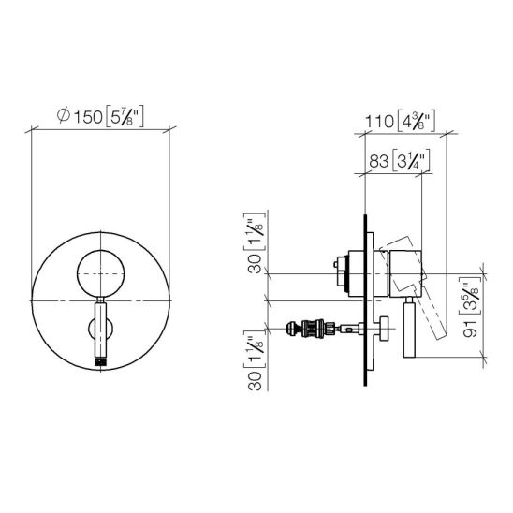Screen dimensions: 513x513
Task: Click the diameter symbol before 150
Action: tap(64, 115)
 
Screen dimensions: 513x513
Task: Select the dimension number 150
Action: tap(88, 117)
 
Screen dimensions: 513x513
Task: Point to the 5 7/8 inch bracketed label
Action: tap(125, 116)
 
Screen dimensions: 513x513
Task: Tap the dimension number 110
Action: tap(379, 122)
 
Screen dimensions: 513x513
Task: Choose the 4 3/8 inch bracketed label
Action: tap(416, 121)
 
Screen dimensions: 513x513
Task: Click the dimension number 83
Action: tap(379, 161)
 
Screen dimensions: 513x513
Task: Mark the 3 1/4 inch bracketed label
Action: tap(411, 161)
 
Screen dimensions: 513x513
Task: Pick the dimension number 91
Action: tap(471, 329)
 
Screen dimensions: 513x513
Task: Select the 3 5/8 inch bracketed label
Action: tap(471, 296)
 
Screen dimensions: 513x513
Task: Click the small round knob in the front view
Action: tap(100, 273)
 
